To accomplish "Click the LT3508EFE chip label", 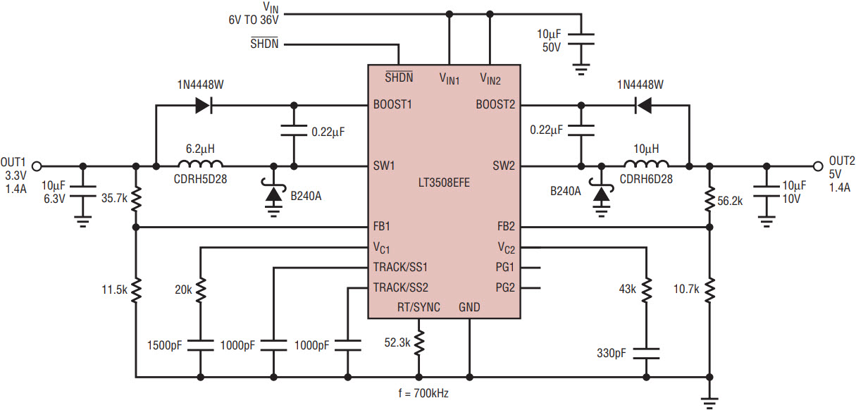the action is point(444,182).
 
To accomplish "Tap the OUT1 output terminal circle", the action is point(37,166).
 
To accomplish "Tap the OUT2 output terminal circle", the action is point(818,166).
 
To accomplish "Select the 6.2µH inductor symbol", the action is point(200,163).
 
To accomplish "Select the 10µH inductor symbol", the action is point(646,163).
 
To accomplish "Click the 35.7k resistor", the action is point(136,199).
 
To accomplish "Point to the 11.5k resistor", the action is point(136,290).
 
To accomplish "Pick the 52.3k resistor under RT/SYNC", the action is point(418,343).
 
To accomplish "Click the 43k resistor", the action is point(646,290).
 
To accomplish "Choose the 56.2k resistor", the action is point(709,199).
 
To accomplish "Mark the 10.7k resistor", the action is point(709,290).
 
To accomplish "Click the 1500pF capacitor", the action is point(201,345).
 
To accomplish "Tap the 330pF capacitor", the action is point(646,354).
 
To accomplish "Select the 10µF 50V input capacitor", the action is point(581,39).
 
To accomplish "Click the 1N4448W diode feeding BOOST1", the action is point(204,105).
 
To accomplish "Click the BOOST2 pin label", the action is point(495,104).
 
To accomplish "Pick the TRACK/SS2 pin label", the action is point(400,287).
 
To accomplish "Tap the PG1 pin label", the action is point(505,268).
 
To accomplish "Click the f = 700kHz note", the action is point(423,393).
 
